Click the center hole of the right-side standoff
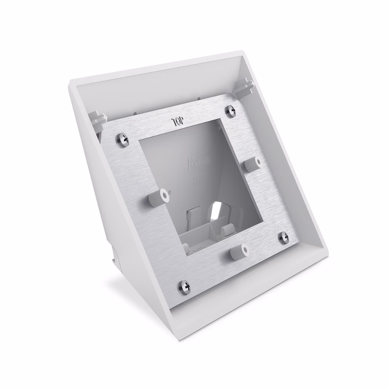tap(257, 161)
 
